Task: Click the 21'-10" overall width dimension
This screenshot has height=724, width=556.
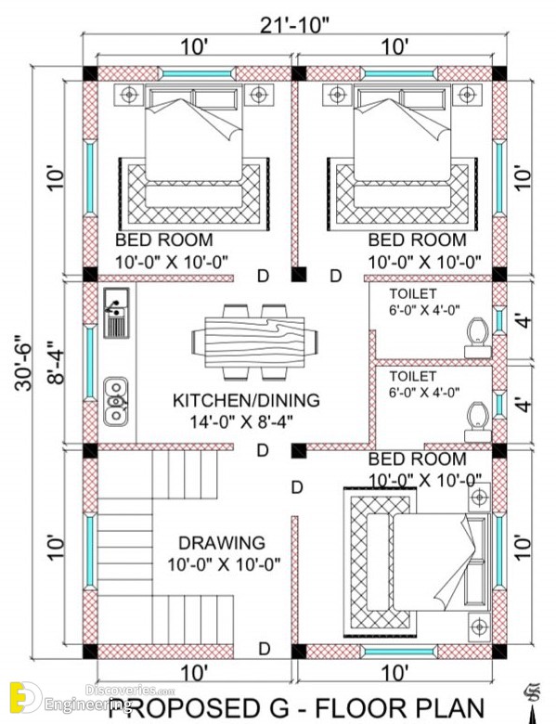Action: tap(294, 25)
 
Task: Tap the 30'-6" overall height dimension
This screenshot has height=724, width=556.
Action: tap(23, 363)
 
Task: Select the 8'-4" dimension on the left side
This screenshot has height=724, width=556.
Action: tap(57, 362)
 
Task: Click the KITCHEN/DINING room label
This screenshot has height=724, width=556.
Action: tap(246, 400)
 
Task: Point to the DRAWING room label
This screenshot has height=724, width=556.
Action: tap(222, 543)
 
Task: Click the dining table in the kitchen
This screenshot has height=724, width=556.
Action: tap(254, 343)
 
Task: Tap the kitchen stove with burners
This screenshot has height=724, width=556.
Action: tap(116, 313)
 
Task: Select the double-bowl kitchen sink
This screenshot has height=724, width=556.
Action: tap(116, 401)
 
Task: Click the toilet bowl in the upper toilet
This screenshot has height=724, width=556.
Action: tap(477, 338)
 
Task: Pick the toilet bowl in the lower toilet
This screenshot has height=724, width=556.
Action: tap(477, 422)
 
